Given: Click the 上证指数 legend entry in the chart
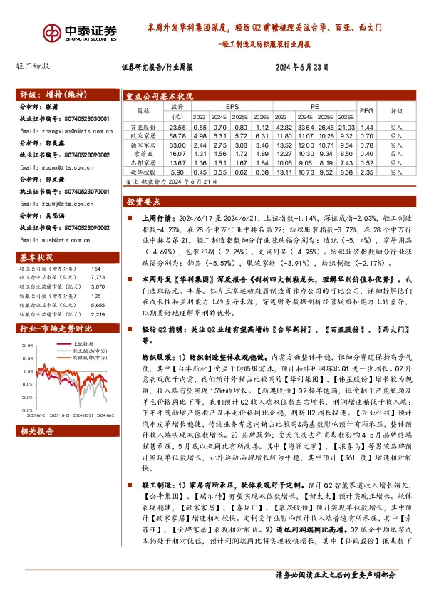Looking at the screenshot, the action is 85,344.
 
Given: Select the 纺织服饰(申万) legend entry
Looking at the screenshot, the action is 89,355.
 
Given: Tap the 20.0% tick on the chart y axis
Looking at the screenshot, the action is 27,345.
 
